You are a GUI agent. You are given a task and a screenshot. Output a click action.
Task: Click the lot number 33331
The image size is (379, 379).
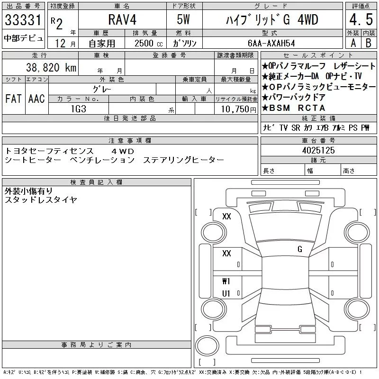(x=23, y=20)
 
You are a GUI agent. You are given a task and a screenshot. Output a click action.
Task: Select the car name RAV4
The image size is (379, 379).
(x=122, y=19)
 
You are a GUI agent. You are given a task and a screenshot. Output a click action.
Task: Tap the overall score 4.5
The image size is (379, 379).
(x=361, y=19)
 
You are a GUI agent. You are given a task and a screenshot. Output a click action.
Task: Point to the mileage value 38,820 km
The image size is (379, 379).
(x=51, y=67)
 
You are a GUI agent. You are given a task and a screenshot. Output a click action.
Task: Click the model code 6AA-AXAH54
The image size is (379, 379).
(x=271, y=43)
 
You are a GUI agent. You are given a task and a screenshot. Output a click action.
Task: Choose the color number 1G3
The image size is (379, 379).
(x=79, y=109)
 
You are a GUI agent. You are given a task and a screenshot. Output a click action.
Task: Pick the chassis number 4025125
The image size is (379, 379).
(x=318, y=150)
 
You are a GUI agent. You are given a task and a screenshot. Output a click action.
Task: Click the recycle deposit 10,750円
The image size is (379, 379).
(x=239, y=109)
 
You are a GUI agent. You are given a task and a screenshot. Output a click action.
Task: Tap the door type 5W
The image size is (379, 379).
(x=183, y=19)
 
